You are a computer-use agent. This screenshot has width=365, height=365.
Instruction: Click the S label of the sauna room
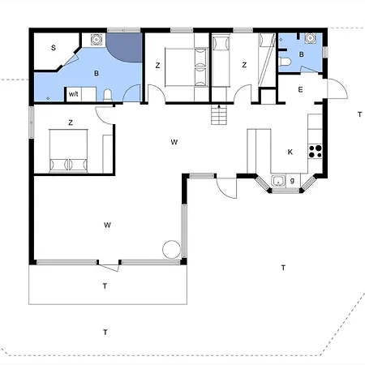tap(54, 48)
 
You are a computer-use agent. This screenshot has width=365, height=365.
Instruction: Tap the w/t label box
tap(73, 94)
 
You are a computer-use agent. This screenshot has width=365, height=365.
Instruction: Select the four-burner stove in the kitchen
tap(316, 152)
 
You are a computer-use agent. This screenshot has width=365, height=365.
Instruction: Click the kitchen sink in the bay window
tap(278, 181)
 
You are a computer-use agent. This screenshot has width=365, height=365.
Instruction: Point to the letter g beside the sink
tap(292, 181)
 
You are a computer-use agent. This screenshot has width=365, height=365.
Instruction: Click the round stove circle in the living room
tap(171, 249)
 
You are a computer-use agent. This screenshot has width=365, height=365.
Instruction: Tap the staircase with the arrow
tap(219, 114)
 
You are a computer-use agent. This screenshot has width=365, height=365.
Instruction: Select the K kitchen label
tap(290, 152)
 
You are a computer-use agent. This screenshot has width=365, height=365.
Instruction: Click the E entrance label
tap(300, 90)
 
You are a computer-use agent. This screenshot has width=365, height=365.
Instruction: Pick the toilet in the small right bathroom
tap(285, 62)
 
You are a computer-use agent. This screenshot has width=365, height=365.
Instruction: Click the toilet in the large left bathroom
tap(108, 96)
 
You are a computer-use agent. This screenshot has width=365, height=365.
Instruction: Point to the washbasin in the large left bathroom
tap(96, 40)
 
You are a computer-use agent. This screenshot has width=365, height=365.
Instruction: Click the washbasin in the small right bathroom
tap(310, 38)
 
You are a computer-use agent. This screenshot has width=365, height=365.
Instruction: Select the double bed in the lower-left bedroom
tap(69, 151)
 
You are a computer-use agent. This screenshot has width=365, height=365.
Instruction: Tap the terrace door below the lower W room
tap(109, 267)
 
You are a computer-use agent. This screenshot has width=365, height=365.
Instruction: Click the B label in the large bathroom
tap(97, 74)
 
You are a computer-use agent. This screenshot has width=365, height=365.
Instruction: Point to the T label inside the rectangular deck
tap(105, 286)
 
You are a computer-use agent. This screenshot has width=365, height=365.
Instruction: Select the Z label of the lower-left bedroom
tap(71, 122)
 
